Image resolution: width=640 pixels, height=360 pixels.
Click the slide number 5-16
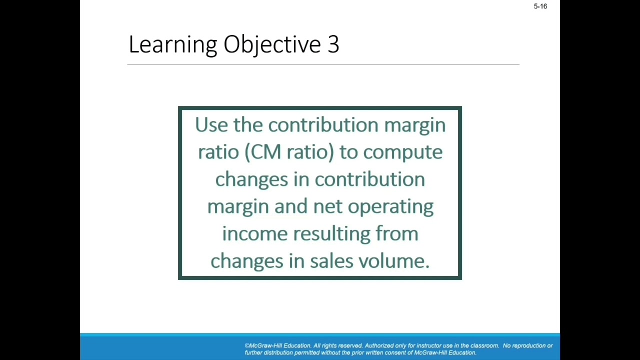(x=540, y=6)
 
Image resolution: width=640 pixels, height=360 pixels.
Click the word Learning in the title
(x=172, y=45)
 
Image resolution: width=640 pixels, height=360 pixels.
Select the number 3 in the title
(x=333, y=44)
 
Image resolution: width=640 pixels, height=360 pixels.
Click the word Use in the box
(x=211, y=124)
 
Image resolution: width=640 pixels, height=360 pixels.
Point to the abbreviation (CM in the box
(x=262, y=151)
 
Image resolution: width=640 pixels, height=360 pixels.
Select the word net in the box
(x=327, y=206)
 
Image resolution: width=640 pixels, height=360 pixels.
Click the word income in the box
(x=254, y=233)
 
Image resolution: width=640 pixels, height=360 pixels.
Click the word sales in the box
(x=331, y=260)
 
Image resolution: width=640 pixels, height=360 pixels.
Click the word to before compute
(x=348, y=152)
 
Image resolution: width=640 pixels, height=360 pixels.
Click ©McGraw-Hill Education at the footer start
(x=277, y=345)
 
